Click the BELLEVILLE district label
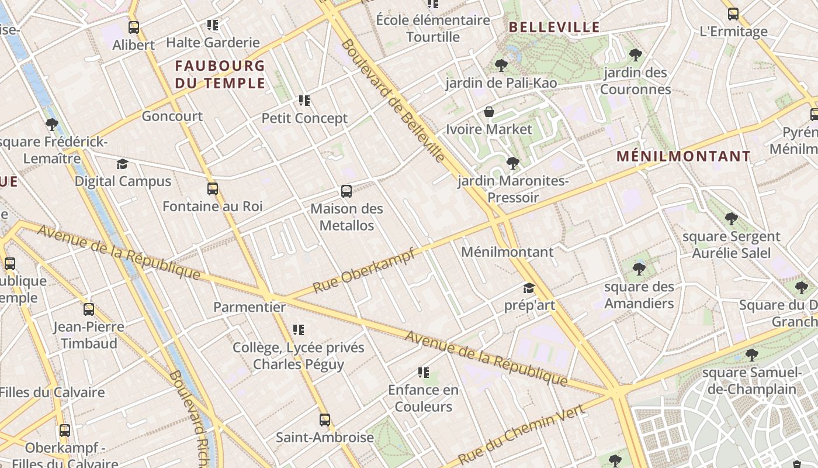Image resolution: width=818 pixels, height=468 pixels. point(554,27)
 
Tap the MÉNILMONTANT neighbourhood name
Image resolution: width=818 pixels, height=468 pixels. point(684,156)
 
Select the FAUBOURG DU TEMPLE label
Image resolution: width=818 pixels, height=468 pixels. point(220,74)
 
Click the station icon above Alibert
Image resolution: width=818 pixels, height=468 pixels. point(134,27)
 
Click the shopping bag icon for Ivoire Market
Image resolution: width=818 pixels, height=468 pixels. point(489,112)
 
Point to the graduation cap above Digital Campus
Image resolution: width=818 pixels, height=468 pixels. point(122,164)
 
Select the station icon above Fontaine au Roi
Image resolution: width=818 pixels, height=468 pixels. point(212,189)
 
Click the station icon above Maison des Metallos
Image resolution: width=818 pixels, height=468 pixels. point(346,191)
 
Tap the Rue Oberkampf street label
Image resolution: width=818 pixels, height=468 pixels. point(363,270)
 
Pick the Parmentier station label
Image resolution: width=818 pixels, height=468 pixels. point(249,307)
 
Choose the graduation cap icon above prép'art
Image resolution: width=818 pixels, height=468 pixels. point(529,288)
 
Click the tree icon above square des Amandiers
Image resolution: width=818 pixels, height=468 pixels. point(639,269)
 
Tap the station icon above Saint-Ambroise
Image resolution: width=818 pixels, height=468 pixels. point(325,419)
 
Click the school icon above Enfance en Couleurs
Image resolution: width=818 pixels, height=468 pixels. point(424,373)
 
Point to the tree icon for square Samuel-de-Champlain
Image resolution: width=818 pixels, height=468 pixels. point(752,355)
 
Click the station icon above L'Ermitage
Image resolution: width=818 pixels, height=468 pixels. point(733,14)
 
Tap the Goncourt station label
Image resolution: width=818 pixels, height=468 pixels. point(172,116)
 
